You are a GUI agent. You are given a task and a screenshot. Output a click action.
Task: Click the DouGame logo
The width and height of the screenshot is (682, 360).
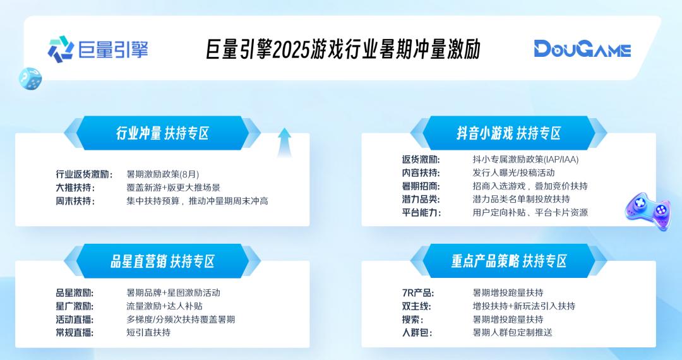[x=582, y=49]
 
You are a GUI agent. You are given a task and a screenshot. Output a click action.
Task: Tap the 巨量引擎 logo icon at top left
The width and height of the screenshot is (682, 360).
[x=61, y=49]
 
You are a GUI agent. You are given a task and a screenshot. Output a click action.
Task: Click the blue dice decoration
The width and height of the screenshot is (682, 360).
[x=30, y=78]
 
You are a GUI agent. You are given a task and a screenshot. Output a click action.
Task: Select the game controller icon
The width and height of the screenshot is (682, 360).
[x=647, y=211]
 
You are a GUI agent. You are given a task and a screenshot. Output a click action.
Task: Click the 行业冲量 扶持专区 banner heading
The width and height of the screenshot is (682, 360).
[x=162, y=133]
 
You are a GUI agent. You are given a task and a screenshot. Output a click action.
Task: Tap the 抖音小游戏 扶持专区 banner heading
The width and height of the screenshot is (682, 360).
[x=508, y=133]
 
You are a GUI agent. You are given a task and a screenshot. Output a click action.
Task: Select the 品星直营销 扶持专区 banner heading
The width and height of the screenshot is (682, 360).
[x=162, y=261]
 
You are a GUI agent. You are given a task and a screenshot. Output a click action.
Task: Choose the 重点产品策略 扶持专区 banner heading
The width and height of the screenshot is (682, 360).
[x=508, y=261]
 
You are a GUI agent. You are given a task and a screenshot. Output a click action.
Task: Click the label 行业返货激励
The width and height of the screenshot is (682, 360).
[x=84, y=174]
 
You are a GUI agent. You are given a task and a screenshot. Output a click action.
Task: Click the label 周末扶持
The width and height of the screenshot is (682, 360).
[x=75, y=201]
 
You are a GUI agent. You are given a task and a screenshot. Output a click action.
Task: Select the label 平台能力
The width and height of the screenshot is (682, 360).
[x=421, y=212]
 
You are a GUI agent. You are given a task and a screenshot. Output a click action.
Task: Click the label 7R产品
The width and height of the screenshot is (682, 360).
[x=417, y=292]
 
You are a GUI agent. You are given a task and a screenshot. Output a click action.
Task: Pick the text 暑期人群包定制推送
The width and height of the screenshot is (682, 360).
[x=512, y=332]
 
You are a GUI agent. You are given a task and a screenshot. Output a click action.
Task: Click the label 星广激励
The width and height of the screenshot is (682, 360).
[x=75, y=306]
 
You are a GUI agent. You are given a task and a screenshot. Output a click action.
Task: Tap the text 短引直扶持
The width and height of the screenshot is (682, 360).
[x=148, y=332]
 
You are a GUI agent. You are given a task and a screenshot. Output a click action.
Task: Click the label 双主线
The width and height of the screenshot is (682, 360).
[x=417, y=306]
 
